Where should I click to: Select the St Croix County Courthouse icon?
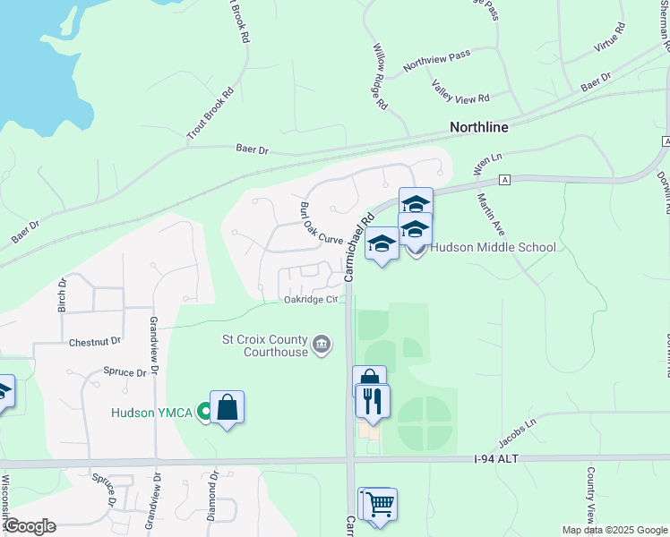(322, 344)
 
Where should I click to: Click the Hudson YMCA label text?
(154, 413)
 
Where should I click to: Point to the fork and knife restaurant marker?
(373, 400)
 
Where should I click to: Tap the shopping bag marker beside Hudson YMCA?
(227, 408)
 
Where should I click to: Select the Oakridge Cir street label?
(312, 300)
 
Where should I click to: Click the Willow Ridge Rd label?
(380, 76)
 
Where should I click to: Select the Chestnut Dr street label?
(94, 341)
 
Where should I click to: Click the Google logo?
(29, 525)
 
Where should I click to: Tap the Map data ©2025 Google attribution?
(614, 530)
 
